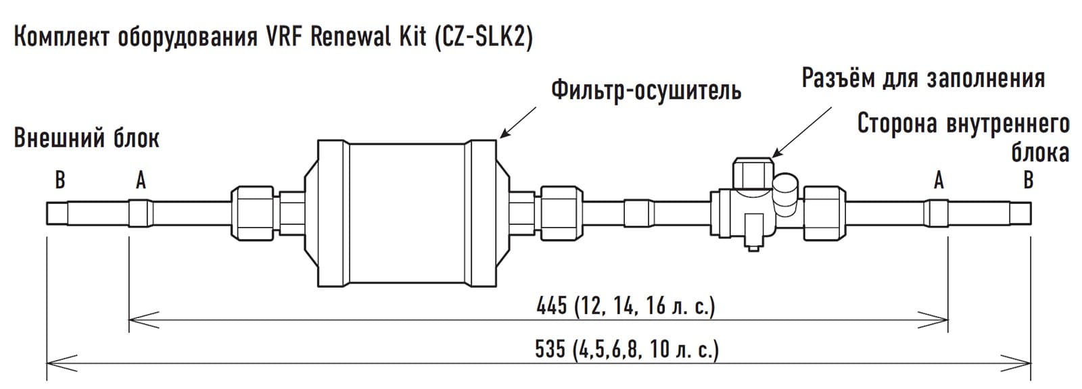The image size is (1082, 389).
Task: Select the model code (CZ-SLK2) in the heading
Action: [x=480, y=38]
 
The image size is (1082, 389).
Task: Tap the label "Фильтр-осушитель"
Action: [x=646, y=90]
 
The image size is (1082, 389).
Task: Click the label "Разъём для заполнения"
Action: [x=923, y=78]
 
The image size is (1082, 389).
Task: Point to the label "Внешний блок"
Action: [x=87, y=138]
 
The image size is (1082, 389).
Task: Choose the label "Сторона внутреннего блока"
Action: [x=964, y=138]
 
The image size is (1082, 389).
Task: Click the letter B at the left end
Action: [x=60, y=180]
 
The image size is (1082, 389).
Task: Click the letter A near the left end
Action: [x=141, y=180]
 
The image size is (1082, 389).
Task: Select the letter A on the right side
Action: [x=939, y=180]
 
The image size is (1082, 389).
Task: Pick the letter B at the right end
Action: [x=1028, y=180]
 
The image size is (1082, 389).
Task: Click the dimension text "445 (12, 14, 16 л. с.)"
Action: [x=625, y=307]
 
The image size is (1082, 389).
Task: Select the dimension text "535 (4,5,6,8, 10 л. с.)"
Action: [x=626, y=350]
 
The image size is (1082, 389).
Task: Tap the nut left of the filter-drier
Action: [x=254, y=212]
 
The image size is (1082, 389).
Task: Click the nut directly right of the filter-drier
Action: [x=559, y=212]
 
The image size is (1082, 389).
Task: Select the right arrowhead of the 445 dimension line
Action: [x=940, y=318]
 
